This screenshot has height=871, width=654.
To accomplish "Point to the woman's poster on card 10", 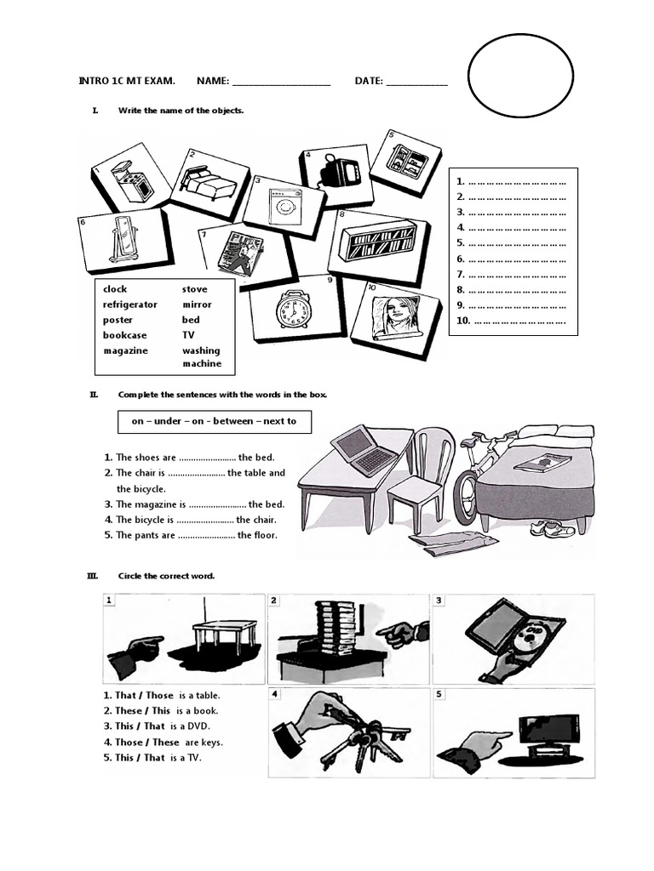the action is pyautogui.click(x=394, y=315).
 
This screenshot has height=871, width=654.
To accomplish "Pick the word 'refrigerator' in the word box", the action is pyautogui.click(x=130, y=305).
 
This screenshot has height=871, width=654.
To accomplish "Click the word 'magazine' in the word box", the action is pyautogui.click(x=126, y=350).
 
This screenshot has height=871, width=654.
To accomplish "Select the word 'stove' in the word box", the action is pyautogui.click(x=195, y=289).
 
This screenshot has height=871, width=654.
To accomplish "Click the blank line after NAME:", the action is pyautogui.click(x=281, y=83).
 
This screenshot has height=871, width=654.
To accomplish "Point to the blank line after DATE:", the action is pyautogui.click(x=416, y=83).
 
